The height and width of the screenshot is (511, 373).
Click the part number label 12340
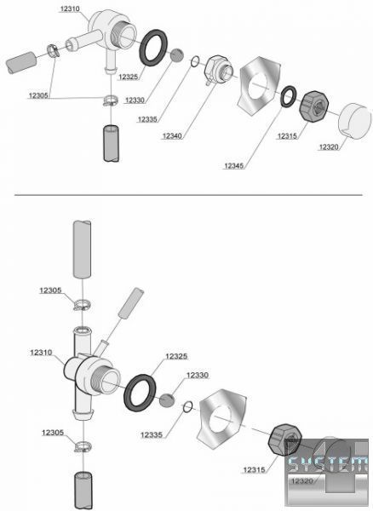[x=172, y=136]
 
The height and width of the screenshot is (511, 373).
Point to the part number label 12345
[x=234, y=166]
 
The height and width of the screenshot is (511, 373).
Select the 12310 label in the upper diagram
[x=70, y=9]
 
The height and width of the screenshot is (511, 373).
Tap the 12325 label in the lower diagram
[x=176, y=356]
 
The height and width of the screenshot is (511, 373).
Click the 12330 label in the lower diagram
[x=197, y=375]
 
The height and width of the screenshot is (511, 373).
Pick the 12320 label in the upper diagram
[x=329, y=147]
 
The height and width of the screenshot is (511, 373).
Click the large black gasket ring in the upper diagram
[x=153, y=48]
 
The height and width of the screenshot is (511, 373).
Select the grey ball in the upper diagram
[x=177, y=55]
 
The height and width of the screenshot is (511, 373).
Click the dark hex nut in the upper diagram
[x=313, y=106]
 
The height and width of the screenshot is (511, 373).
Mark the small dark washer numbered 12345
[x=289, y=96]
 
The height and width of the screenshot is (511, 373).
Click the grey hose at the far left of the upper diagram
[x=21, y=62]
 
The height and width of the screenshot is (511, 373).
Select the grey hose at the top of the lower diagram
[x=82, y=250]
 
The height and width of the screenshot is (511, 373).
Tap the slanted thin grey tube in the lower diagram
[x=131, y=302]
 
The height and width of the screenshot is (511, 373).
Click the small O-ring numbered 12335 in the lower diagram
[x=187, y=407]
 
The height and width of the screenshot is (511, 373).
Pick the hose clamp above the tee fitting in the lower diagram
[x=82, y=305]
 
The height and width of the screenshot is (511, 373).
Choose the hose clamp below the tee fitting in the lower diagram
[x=83, y=446]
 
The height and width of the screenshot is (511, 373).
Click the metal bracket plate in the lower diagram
[x=221, y=419]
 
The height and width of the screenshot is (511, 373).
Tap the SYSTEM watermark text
[x=327, y=464]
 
